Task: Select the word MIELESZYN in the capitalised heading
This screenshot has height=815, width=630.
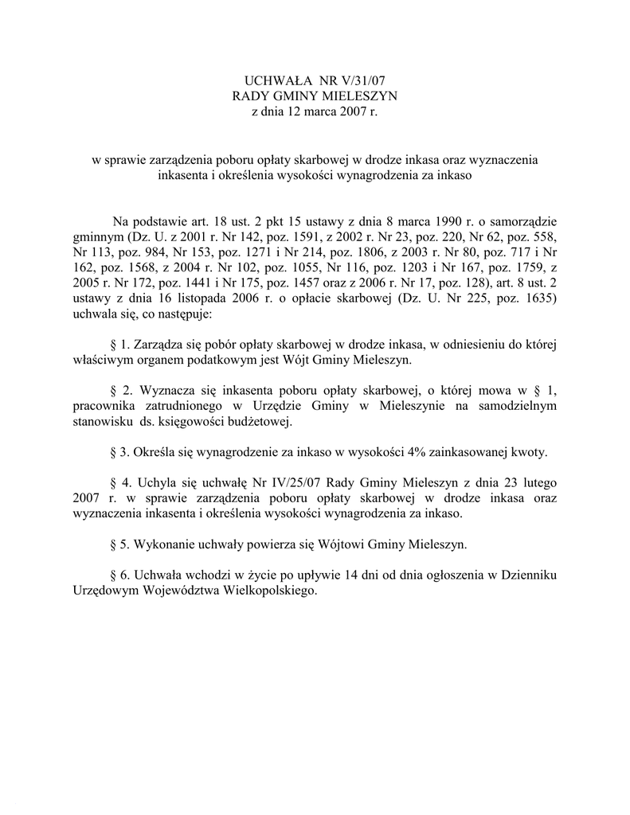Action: (357, 97)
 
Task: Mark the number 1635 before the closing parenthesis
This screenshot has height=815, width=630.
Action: (526, 299)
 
